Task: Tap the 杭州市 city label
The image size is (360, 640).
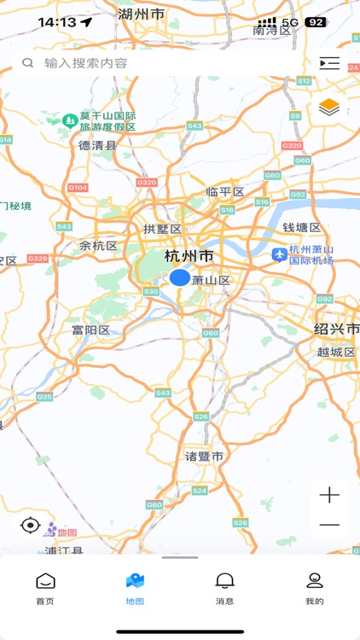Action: (189, 256)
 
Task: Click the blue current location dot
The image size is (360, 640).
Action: (179, 277)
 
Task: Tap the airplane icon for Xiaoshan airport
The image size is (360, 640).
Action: (279, 254)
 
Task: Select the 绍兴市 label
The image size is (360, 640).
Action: (336, 329)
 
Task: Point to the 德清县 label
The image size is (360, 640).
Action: (97, 146)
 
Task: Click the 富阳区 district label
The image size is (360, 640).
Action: (90, 330)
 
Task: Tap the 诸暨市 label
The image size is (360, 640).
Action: (205, 457)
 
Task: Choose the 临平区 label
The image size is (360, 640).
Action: (225, 192)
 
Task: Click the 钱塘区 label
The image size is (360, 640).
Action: (302, 228)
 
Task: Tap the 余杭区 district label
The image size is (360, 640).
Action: (98, 246)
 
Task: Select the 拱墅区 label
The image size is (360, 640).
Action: (162, 229)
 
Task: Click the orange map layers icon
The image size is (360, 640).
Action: (329, 108)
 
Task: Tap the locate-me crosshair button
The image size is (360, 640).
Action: (31, 525)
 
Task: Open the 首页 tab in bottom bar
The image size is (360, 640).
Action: (45, 588)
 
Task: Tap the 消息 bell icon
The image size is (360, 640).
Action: (225, 582)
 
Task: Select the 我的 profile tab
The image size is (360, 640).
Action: (315, 588)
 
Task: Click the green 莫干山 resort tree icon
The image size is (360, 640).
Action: (69, 121)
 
